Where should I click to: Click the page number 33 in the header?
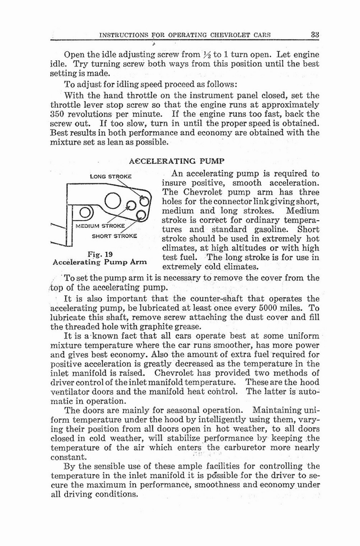(314, 35)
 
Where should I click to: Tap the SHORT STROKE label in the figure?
(115, 235)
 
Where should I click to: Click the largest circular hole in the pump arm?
(115, 202)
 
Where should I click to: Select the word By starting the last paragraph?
(69, 466)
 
